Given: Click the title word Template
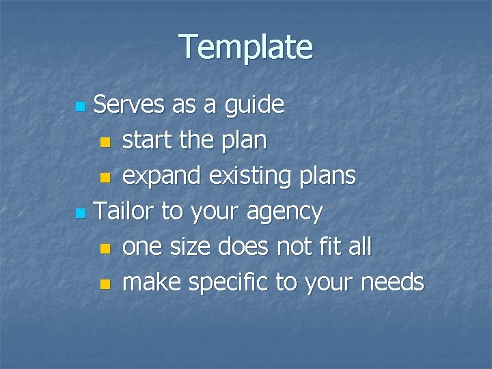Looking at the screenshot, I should (x=246, y=47).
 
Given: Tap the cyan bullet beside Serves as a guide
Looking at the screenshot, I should (x=81, y=107).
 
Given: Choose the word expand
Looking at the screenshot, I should (x=162, y=176).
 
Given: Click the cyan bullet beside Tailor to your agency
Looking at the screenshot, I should (x=81, y=214).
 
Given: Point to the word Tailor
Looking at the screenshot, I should (x=124, y=211).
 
